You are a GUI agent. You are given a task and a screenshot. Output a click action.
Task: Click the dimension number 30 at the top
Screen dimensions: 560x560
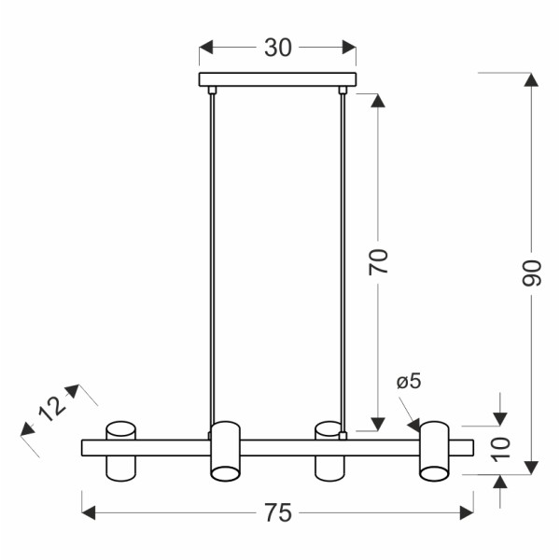pos(277,48)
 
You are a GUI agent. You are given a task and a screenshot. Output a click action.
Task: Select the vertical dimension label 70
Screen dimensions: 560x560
pos(377,262)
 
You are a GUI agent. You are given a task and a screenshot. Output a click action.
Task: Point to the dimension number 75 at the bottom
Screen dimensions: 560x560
pos(277,511)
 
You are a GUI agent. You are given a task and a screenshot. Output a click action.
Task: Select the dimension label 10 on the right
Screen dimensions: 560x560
pos(501,449)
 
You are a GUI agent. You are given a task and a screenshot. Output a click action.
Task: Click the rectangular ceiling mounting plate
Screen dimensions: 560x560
pos(278,81)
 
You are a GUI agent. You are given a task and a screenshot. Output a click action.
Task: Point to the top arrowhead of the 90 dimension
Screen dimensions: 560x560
pos(531,79)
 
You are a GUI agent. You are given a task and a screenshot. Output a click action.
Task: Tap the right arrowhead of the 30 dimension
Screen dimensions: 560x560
pos(349,48)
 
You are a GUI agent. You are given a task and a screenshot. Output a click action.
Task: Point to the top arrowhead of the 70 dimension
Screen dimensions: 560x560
pos(377,101)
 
